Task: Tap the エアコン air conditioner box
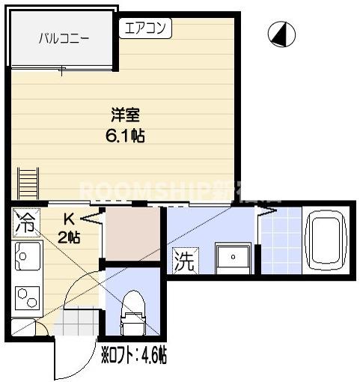(x=146, y=28)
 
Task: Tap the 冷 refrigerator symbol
(x=25, y=222)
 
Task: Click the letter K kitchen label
(x=68, y=220)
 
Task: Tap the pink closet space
(x=132, y=233)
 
